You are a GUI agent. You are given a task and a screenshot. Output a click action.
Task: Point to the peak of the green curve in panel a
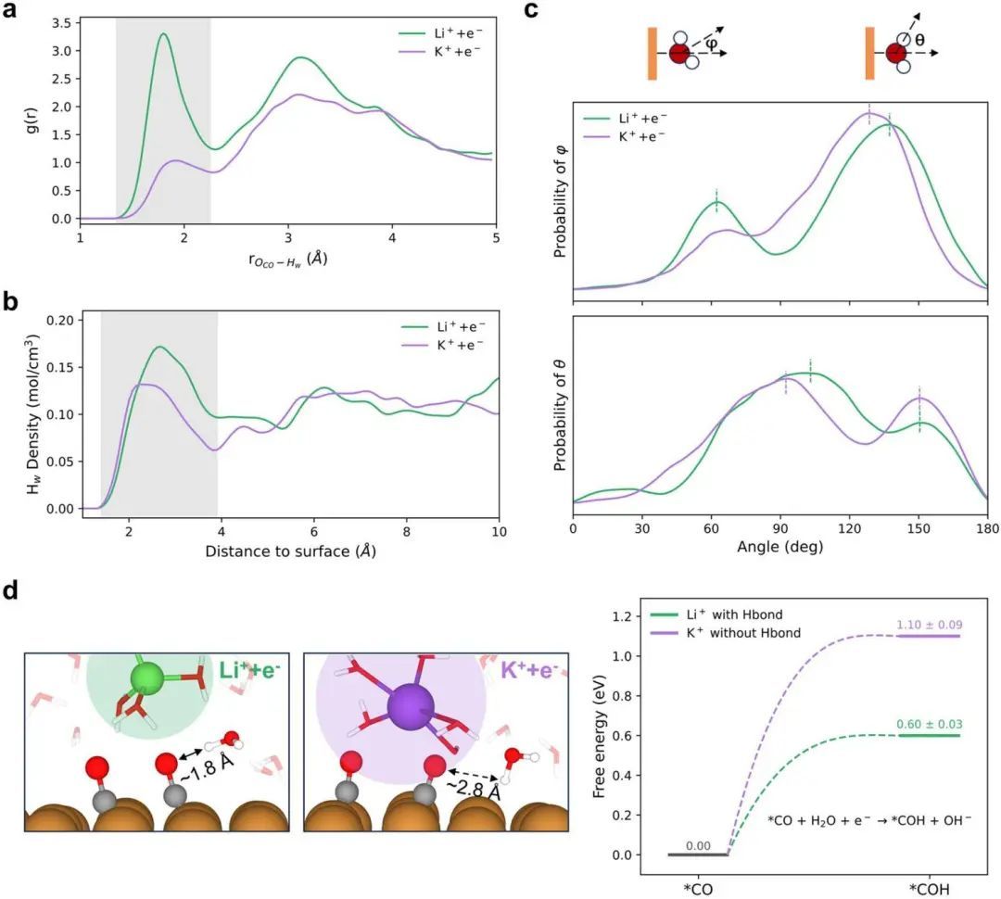[164, 35]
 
